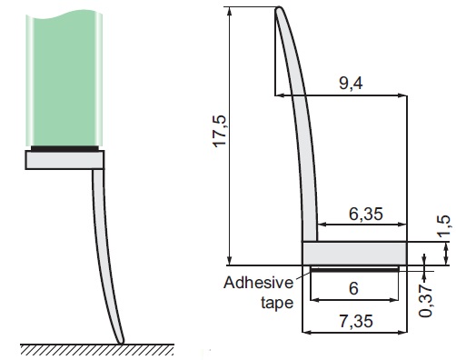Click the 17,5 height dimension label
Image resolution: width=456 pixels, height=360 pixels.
pos(221,131)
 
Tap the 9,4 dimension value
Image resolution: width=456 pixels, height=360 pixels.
pos(351,83)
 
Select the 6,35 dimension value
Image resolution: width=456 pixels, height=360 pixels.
pos(366,214)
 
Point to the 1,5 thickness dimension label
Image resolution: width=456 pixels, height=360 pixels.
pos(444,225)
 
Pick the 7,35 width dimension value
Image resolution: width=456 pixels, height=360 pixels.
pos(356,321)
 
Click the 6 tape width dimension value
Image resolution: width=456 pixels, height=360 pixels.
pos(353,288)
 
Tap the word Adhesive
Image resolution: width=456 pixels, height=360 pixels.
pos(258,283)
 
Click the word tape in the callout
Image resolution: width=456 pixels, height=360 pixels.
pos(277,303)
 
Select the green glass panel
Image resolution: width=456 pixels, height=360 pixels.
pos(64,79)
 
